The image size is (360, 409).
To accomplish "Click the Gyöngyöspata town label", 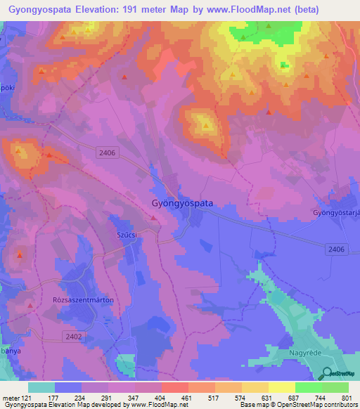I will coord(182,202).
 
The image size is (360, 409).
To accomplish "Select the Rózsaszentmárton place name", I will coord(93,299).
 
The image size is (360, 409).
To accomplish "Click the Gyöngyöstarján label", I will coord(336,212).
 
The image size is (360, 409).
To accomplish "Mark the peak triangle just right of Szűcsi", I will coord(154,219).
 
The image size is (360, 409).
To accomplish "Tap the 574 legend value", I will coord(240,398).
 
